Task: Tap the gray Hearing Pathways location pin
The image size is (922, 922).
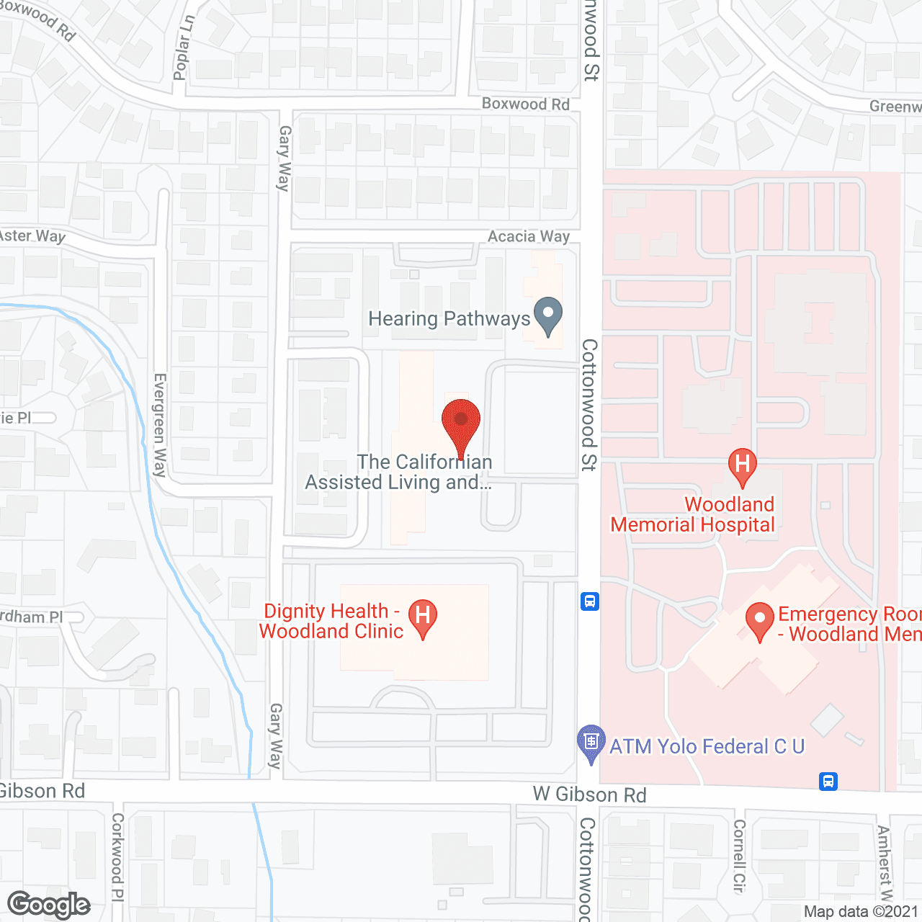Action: [x=548, y=316]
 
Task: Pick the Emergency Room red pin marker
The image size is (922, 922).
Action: [x=759, y=621]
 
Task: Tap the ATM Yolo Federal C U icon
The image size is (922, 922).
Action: [x=591, y=743]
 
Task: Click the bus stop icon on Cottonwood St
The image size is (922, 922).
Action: [x=590, y=601]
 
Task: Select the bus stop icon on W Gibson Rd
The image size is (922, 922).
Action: [x=828, y=781]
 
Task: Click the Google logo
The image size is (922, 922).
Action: [x=49, y=905]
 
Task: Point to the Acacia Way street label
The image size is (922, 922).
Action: [x=529, y=237]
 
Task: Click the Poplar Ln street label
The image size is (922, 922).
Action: [x=184, y=48]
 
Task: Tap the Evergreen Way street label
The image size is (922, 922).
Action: [x=160, y=425]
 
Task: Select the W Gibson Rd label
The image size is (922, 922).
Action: [x=589, y=795]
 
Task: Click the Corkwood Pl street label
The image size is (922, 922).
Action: [x=117, y=856]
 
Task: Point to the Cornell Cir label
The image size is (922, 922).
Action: [x=739, y=856]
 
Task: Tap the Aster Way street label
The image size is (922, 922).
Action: [x=32, y=236]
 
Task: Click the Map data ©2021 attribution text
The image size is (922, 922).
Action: [x=861, y=911]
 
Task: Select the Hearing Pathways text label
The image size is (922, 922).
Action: [x=449, y=318]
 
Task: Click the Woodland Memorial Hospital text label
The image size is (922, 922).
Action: [x=693, y=514]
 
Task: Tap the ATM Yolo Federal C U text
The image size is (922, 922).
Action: [x=707, y=746]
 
